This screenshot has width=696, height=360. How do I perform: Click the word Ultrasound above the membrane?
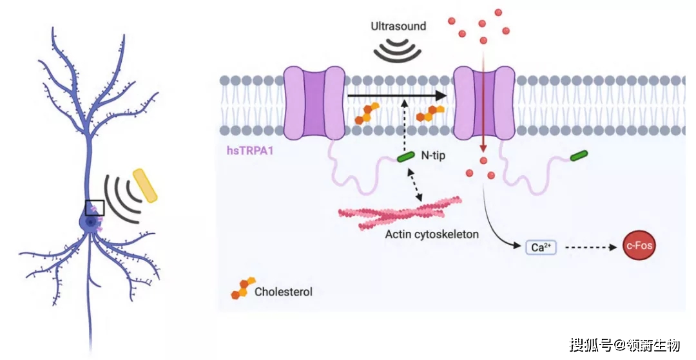[398, 26]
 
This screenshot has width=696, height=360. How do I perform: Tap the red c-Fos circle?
[639, 245]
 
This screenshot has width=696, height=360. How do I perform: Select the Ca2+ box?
[541, 247]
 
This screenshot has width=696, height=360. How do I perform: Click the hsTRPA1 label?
[250, 151]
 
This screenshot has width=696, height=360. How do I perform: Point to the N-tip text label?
[433, 156]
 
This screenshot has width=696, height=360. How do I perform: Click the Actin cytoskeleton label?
[431, 234]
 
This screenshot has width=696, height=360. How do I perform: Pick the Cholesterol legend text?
[283, 292]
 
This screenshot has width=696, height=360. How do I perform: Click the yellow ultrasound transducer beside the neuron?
[145, 185]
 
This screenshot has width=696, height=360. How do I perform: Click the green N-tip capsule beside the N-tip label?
[406, 156]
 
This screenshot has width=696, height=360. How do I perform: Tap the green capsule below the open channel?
[579, 155]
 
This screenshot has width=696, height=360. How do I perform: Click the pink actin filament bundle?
[400, 213]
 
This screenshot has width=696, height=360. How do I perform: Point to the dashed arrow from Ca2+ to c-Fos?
[591, 247]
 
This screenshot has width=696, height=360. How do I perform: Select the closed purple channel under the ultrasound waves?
[314, 103]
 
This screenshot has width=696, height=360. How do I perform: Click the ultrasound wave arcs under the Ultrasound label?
[397, 49]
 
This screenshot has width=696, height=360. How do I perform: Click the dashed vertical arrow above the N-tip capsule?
[405, 126]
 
